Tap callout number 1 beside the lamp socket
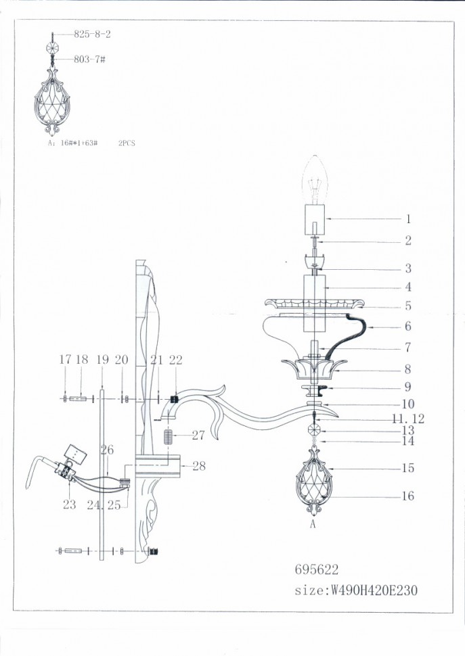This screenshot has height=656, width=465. pos(408,219)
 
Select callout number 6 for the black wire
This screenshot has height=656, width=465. pos(408,326)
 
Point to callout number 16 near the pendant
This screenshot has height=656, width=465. pos(407,496)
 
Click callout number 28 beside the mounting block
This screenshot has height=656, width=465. pos(198,465)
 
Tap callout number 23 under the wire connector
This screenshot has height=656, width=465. pos(69,505)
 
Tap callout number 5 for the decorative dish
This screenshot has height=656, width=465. pos(408,306)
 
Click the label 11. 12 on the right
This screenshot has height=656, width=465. pos(408,419)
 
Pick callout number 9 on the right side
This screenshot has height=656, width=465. pos(408,387)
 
